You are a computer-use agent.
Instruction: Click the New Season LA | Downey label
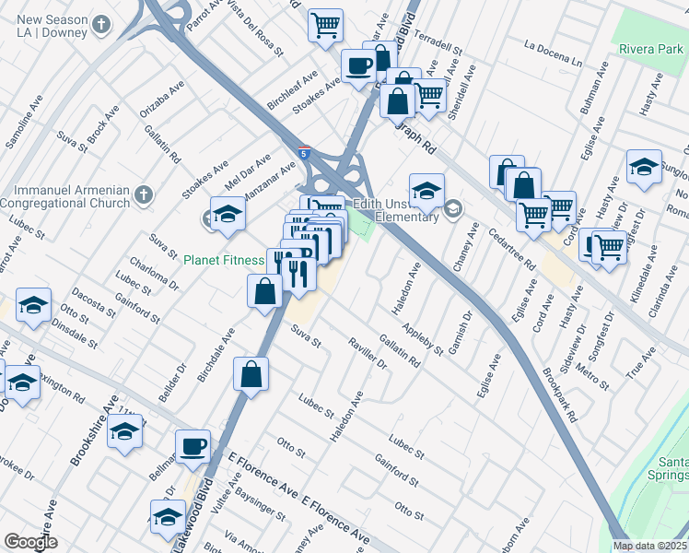(52, 26)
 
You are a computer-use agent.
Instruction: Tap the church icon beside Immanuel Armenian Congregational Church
(141, 194)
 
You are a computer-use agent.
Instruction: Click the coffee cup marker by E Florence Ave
(193, 446)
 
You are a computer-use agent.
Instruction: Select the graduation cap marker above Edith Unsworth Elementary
(426, 191)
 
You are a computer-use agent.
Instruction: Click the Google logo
(30, 542)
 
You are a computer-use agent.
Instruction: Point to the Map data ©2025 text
(648, 546)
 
